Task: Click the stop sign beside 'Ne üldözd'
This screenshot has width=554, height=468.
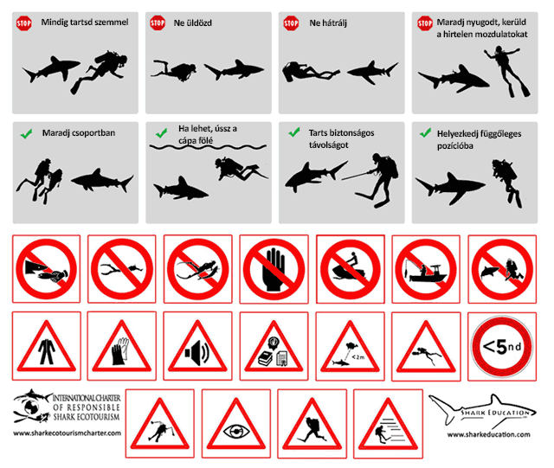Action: (x=158, y=23)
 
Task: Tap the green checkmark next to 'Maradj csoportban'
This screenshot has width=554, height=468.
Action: (x=27, y=133)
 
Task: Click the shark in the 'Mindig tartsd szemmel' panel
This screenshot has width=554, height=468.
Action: (x=51, y=68)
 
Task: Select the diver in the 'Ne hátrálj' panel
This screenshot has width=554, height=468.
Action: (x=311, y=72)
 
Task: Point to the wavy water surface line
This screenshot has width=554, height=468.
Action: (x=208, y=146)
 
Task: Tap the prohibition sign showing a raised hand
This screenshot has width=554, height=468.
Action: (x=274, y=269)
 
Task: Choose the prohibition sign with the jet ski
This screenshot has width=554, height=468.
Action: (x=350, y=269)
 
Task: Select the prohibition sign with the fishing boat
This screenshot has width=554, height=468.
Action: (x=426, y=269)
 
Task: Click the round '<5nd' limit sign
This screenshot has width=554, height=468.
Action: (x=502, y=347)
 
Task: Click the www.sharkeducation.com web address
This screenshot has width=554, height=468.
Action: (x=488, y=434)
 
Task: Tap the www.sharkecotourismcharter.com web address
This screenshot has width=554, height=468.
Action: (x=68, y=433)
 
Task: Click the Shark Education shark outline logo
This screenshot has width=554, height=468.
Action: (x=483, y=410)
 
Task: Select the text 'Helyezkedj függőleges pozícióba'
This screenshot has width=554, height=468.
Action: (x=479, y=139)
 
